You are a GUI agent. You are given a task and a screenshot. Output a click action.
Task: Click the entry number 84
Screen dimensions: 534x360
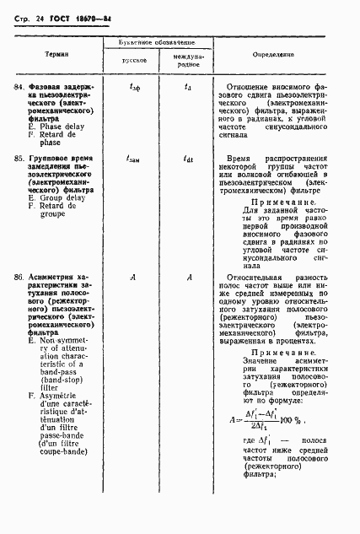tap(19, 86)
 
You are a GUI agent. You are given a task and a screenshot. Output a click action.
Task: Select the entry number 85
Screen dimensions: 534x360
tap(19, 158)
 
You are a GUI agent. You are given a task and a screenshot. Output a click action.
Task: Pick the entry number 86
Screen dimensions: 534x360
tap(19, 277)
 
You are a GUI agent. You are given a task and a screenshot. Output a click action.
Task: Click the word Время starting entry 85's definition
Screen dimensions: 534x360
tap(240, 158)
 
